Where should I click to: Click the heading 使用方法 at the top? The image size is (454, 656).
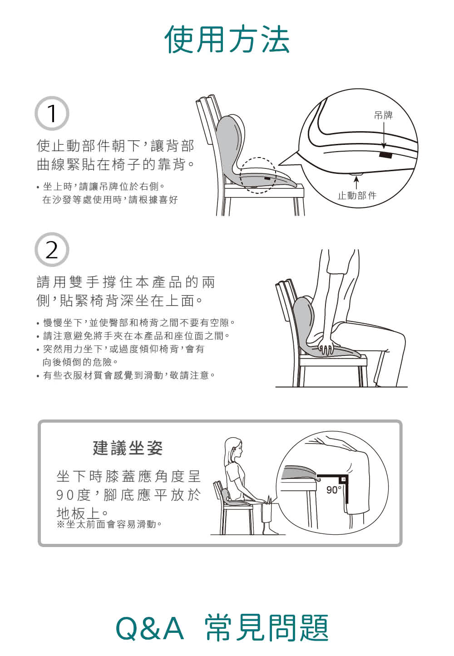pos(227,39)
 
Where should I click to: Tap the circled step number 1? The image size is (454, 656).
pos(52,113)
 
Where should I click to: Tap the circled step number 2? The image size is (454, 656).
pos(52,250)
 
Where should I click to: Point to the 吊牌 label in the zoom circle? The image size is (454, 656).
pos(383,115)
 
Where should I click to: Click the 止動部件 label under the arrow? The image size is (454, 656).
pos(357,195)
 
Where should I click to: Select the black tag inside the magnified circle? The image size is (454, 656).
pos(385,155)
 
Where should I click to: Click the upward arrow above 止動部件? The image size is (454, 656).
pos(356,183)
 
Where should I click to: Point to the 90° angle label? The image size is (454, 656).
pos(334,490)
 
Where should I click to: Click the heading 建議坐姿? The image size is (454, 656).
pos(128,449)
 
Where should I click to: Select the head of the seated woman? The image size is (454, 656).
pos(234,449)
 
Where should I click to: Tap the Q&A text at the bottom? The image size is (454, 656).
pos(150,628)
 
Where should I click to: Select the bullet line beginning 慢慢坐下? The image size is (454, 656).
pos(136,323)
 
